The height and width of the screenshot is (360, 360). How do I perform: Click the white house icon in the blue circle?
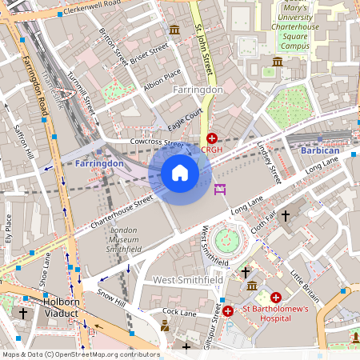180,173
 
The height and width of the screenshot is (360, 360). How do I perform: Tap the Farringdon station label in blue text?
99,163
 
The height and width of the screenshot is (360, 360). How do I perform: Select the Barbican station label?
319,150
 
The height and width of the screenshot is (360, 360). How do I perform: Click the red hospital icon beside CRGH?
212,138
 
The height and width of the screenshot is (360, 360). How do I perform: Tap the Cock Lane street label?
179,311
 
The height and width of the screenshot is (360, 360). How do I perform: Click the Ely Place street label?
9,227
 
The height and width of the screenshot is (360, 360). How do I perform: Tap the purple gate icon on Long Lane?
221,189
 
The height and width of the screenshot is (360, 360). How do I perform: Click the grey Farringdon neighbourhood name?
198,90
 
